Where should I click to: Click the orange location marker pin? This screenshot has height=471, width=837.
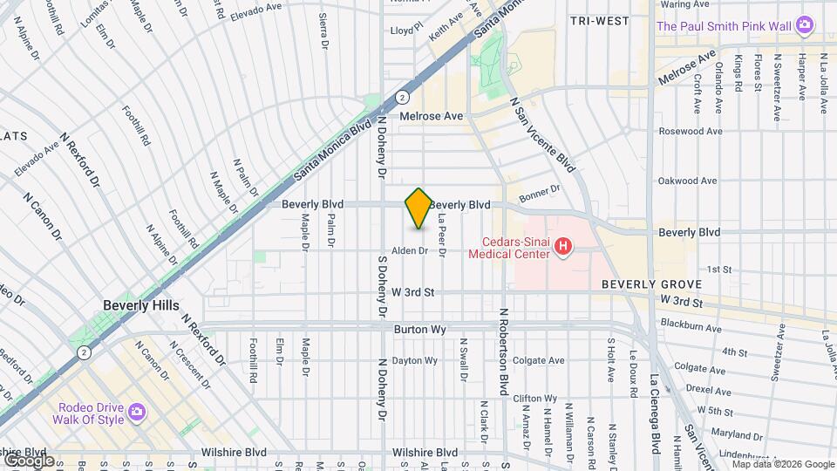tap(418, 208)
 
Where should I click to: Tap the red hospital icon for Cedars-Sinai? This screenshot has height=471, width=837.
tap(563, 248)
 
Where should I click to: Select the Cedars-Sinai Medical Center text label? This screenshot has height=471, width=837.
tap(509, 248)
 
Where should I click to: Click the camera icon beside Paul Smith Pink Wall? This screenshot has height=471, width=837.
tap(806, 26)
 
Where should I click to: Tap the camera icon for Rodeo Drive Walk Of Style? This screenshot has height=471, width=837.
tap(137, 411)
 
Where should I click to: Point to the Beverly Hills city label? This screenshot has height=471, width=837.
tap(140, 305)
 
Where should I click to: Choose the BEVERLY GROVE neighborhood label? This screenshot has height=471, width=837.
tap(652, 285)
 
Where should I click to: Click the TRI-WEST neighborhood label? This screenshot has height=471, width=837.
tap(600, 19)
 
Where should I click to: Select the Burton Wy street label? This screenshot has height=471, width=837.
tap(420, 330)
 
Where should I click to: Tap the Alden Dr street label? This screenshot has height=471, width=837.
tap(409, 250)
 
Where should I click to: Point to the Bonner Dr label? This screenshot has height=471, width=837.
tap(539, 194)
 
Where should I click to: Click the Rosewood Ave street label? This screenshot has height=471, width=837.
tap(691, 132)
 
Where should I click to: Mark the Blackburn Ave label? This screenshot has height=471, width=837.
tap(691, 329)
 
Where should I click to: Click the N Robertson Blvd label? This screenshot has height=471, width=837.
tap(503, 352)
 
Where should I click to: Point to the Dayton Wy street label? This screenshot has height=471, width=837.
tap(413, 360)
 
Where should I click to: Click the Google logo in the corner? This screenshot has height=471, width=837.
tap(29, 460)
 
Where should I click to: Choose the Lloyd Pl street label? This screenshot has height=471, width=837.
tap(405, 30)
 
